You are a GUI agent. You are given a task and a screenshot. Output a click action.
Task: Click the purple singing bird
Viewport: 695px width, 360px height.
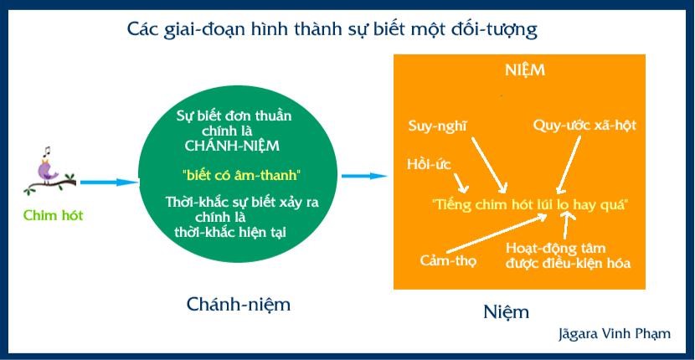(48, 171)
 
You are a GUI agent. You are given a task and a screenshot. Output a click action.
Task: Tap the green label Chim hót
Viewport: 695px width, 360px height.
(54, 216)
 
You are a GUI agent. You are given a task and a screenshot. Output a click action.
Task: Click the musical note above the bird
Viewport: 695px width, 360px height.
(46, 152)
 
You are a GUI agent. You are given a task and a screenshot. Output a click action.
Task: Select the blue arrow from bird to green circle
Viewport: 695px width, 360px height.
(109, 182)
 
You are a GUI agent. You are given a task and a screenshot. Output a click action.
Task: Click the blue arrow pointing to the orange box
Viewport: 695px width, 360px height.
(364, 176)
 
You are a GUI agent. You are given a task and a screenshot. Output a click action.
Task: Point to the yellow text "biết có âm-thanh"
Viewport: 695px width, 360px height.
(241, 175)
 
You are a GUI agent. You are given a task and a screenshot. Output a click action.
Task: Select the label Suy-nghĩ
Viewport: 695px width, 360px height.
(438, 126)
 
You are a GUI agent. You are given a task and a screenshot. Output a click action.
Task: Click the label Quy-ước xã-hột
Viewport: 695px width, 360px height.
(584, 126)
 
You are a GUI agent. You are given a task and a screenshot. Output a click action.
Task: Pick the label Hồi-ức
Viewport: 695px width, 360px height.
(429, 165)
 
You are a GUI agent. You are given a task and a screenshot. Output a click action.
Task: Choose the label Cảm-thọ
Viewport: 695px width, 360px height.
(448, 260)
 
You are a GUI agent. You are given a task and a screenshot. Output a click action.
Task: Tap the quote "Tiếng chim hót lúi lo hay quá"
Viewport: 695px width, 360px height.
(530, 204)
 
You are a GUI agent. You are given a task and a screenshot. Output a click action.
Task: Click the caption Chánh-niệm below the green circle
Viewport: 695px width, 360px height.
(239, 304)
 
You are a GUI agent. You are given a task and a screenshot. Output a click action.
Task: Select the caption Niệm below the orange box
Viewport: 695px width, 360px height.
(506, 311)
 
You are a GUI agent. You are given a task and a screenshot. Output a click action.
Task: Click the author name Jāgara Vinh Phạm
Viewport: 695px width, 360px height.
(615, 334)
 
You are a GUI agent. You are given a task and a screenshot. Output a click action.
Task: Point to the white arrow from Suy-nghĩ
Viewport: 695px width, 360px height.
(489, 165)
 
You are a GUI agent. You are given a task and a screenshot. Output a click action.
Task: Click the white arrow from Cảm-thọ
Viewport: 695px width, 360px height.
(497, 234)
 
